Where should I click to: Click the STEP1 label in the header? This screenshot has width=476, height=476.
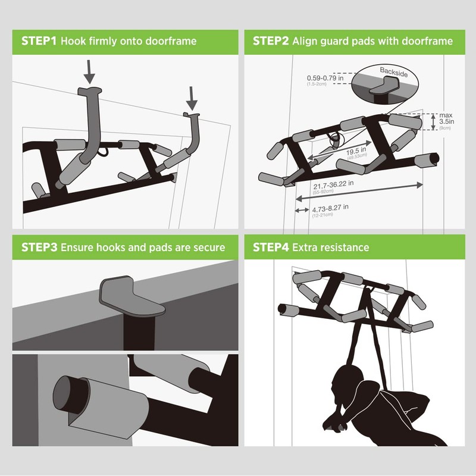tap(39, 42)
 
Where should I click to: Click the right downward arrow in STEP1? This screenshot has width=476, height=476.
tap(192, 96)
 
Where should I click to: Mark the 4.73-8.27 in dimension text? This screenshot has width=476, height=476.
tap(330, 208)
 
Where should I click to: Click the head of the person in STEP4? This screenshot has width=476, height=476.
tap(346, 381)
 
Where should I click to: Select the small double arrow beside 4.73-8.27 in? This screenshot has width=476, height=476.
tap(302, 210)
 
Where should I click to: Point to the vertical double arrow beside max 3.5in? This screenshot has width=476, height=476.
tap(433, 121)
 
